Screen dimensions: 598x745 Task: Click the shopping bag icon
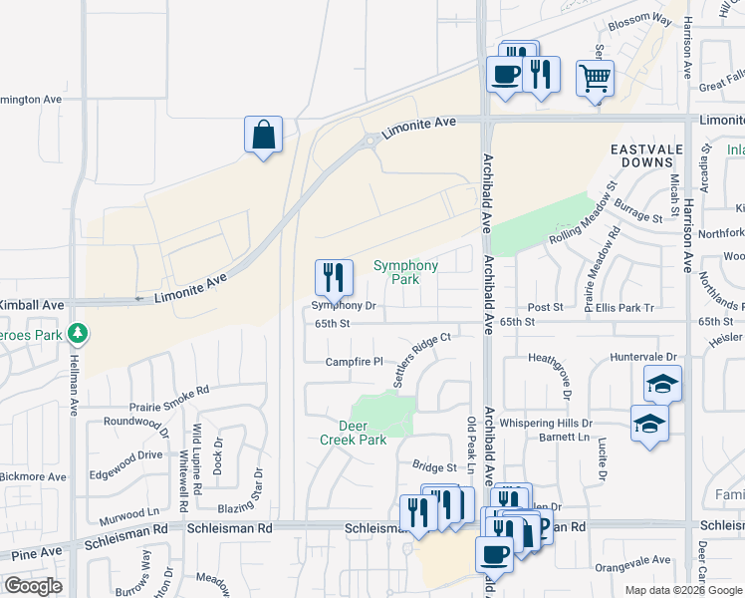[x=263, y=135]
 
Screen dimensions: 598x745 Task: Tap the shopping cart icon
[x=595, y=78]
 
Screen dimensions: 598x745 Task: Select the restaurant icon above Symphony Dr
[x=334, y=278]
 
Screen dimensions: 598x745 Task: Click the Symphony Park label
[x=405, y=272]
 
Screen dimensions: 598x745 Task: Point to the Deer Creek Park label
[x=354, y=433]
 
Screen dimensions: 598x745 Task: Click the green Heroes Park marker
[x=78, y=332]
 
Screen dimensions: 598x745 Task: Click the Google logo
[x=33, y=586]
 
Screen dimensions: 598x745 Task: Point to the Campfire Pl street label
[x=355, y=361]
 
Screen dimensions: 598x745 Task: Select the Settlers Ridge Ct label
[x=422, y=360]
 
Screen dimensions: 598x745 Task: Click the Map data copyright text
[x=683, y=589]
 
